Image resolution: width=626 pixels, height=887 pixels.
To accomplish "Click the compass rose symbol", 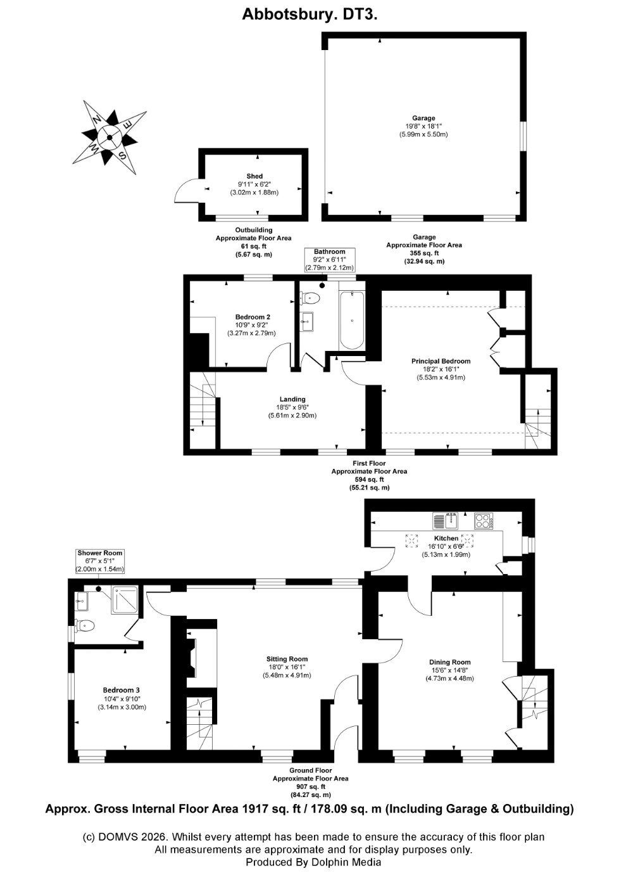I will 110,137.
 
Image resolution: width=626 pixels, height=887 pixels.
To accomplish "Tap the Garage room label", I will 423,118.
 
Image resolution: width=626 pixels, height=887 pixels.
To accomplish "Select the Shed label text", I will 254,176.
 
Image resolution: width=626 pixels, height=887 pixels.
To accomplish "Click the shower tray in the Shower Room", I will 127,599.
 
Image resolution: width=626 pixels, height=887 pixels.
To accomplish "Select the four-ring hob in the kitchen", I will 484,521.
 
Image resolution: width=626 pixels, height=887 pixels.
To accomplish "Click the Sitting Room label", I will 287,659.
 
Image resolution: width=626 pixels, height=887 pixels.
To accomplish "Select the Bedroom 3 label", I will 122,690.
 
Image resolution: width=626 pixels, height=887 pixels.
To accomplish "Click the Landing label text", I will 291,399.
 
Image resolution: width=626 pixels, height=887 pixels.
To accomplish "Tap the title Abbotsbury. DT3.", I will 310,15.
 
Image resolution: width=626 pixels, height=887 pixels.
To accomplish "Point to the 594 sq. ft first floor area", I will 368,480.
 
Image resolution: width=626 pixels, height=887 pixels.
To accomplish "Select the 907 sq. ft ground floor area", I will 310,786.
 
